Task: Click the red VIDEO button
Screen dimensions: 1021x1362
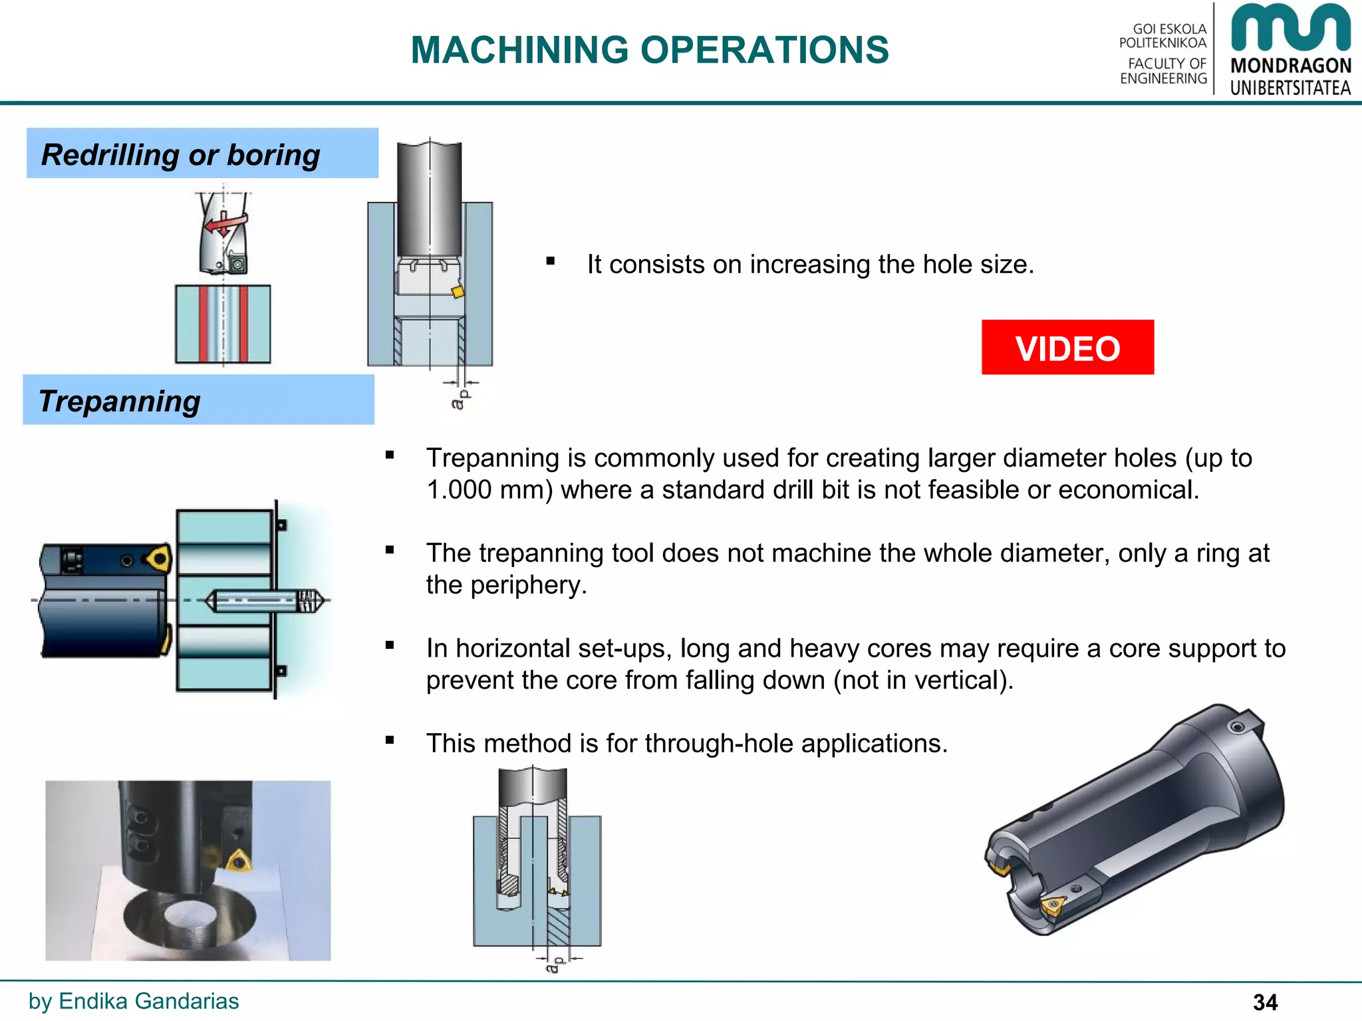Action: (1067, 348)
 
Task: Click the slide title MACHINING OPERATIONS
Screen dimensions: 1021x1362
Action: (649, 50)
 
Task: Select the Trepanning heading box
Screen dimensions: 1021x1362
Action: (198, 400)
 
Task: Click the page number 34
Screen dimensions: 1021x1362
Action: (1265, 1002)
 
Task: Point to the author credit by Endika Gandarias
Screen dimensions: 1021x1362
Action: (134, 1001)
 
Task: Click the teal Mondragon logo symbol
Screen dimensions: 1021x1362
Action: (1290, 28)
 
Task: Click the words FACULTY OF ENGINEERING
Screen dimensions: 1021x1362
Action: (1164, 71)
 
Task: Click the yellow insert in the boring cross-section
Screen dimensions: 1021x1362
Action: (457, 292)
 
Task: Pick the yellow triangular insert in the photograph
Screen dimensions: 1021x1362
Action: (239, 861)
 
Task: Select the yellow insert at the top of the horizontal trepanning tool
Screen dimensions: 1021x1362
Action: (160, 558)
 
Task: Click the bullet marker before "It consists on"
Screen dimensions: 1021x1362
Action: (550, 261)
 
